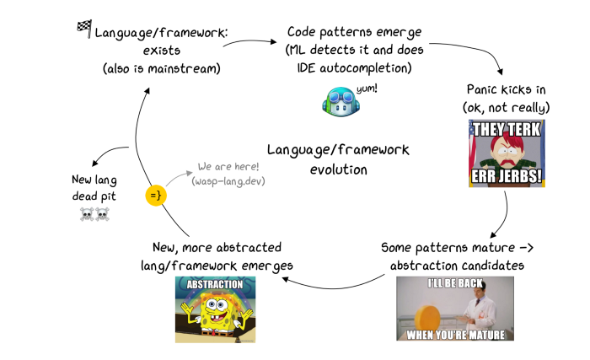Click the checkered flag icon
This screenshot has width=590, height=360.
pyautogui.click(x=83, y=29)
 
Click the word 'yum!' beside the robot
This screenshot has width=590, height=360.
pyautogui.click(x=366, y=88)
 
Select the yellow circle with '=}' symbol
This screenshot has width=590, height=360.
pyautogui.click(x=156, y=196)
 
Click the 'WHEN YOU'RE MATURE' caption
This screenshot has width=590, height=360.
pyautogui.click(x=454, y=334)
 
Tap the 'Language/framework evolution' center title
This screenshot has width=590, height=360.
pyautogui.click(x=338, y=159)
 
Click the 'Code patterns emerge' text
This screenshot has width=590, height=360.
pyautogui.click(x=354, y=32)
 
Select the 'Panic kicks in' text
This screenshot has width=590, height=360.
pyautogui.click(x=507, y=89)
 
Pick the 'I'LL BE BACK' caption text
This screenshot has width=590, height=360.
pyautogui.click(x=454, y=283)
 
